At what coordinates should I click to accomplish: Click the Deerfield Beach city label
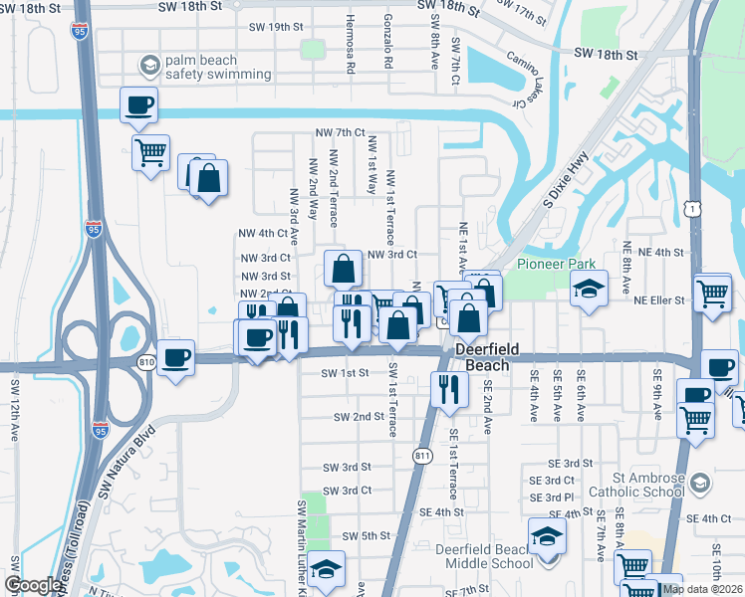[x=483, y=358]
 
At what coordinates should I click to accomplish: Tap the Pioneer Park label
[x=555, y=264]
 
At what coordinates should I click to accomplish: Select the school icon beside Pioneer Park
[x=589, y=290]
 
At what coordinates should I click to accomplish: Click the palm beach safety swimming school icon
[x=149, y=67]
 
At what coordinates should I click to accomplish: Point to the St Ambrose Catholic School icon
[x=700, y=484]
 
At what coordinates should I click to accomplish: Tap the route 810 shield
[x=147, y=360]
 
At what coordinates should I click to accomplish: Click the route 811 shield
[x=421, y=455]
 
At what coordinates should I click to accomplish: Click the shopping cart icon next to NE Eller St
[x=713, y=293]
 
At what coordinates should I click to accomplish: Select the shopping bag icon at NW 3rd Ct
[x=343, y=269]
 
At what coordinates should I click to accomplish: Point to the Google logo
[x=34, y=586]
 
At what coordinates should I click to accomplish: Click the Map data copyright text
[x=701, y=589]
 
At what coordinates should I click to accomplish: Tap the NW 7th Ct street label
[x=340, y=132]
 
